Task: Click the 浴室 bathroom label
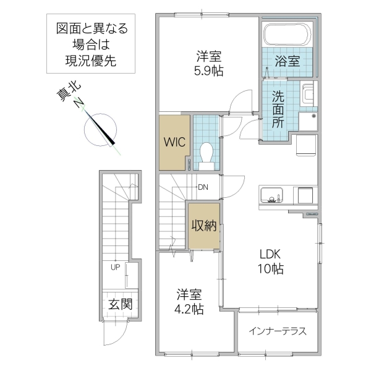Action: tap(288, 61)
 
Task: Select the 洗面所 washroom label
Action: tap(278, 109)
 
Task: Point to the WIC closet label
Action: tap(174, 140)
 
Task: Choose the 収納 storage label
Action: tap(203, 226)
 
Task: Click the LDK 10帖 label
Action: tap(270, 261)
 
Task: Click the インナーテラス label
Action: tap(278, 331)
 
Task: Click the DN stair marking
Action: tap(203, 186)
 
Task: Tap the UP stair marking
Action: tap(115, 267)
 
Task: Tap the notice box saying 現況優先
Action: tap(92, 44)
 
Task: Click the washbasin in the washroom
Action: tap(308, 95)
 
